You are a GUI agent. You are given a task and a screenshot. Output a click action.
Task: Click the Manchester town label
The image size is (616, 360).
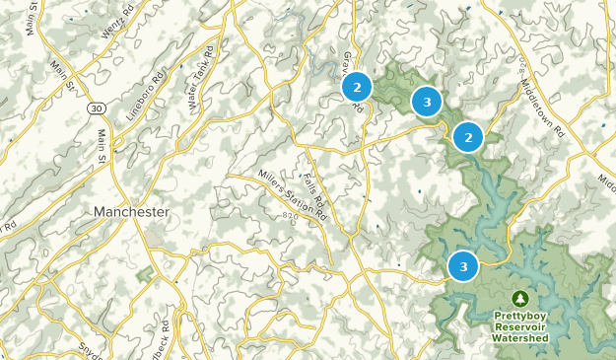pos(131,212)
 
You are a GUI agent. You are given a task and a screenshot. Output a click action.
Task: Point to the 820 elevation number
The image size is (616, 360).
pos(289,214)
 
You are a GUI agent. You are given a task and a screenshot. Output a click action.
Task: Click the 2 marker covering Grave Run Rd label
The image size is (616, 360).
pos(357,88)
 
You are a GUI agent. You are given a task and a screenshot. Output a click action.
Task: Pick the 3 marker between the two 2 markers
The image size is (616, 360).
pos(426,101)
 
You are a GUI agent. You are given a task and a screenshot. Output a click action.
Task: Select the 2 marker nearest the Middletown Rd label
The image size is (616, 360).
pos(468,137)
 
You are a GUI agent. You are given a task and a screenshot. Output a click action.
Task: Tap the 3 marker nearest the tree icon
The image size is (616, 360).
pos(462,265)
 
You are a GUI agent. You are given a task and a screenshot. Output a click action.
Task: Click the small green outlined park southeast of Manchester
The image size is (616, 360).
pos(149,272)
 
